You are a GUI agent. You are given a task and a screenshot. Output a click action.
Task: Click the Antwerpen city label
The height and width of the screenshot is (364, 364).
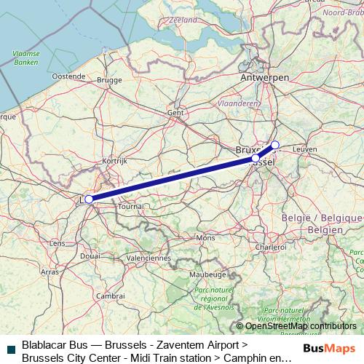266,77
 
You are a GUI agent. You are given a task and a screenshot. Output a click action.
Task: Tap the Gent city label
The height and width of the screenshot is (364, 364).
175,113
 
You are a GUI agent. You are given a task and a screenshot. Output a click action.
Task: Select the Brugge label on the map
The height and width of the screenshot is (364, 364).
109,80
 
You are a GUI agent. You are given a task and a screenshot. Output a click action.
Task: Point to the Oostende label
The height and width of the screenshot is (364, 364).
68,76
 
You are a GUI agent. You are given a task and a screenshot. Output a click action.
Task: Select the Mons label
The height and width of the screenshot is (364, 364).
206,238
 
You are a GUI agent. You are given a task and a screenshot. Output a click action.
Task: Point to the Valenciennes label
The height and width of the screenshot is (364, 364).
148,258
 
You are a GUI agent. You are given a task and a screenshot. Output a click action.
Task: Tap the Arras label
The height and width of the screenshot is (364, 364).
50,271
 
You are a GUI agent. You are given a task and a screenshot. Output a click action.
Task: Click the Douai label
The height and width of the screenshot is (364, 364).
90,256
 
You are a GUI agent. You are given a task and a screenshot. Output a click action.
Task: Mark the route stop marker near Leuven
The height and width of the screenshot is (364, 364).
274,145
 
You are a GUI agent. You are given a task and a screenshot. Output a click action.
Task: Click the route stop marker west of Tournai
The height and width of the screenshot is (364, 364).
89,199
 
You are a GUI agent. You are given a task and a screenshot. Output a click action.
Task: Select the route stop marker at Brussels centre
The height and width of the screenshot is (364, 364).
256,158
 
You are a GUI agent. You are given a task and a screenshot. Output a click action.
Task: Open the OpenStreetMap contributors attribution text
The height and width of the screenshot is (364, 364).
301,326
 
